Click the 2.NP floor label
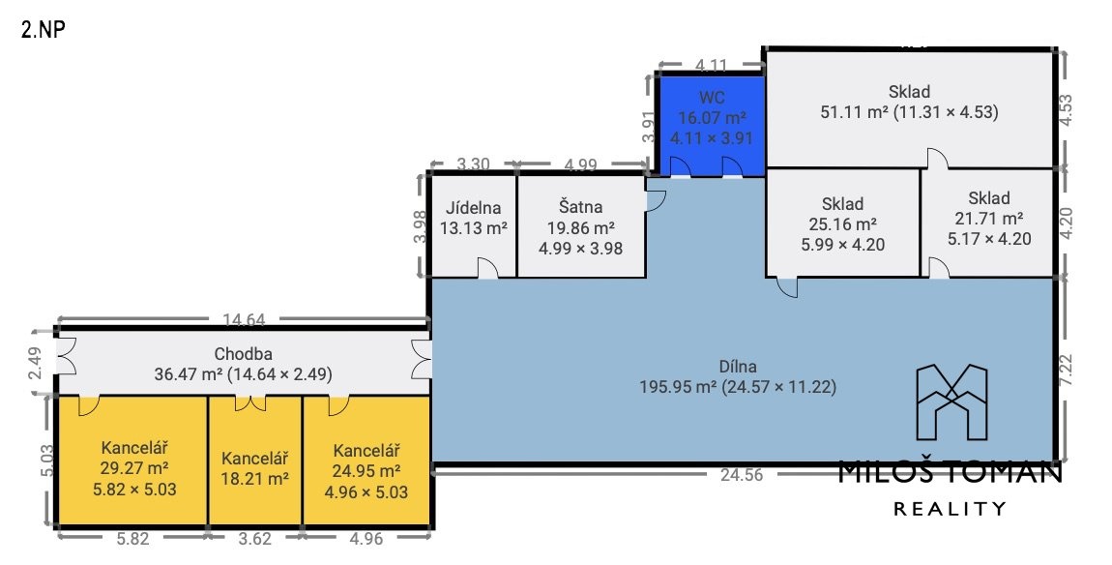pyautogui.click(x=44, y=30)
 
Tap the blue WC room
pyautogui.click(x=712, y=125)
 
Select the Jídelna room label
pyautogui.click(x=473, y=208)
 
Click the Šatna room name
pyautogui.click(x=580, y=207)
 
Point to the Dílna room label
pyautogui.click(x=738, y=367)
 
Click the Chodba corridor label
pyautogui.click(x=244, y=354)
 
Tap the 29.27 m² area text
pyautogui.click(x=134, y=468)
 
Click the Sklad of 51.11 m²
pyautogui.click(x=909, y=108)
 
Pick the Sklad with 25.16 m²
pyautogui.click(x=842, y=223)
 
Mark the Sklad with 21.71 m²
pyautogui.click(x=988, y=223)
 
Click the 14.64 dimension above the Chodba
pyautogui.click(x=244, y=320)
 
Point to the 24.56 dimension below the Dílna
pyautogui.click(x=741, y=476)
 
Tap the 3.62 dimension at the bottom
pyautogui.click(x=254, y=539)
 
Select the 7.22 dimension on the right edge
pyautogui.click(x=1066, y=370)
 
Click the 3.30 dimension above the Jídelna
pyautogui.click(x=472, y=164)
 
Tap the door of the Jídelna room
pyautogui.click(x=487, y=268)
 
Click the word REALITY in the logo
pyautogui.click(x=950, y=508)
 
